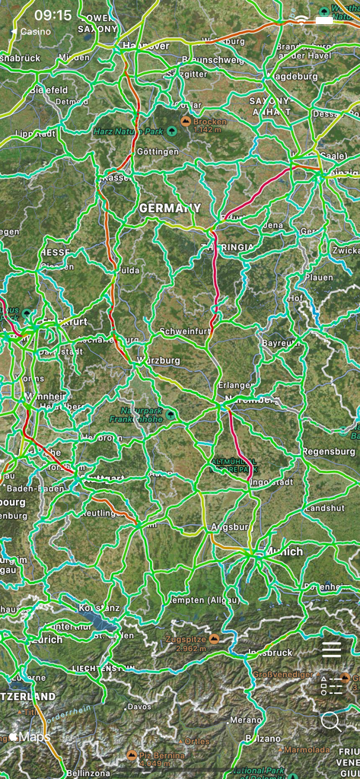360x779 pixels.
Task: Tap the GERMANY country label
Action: pyautogui.click(x=170, y=208)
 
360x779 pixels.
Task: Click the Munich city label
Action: pyautogui.click(x=283, y=552)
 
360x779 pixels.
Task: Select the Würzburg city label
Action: pyautogui.click(x=158, y=359)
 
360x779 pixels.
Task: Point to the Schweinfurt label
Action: pyautogui.click(x=185, y=332)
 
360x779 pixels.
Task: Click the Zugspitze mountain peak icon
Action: pyautogui.click(x=215, y=640)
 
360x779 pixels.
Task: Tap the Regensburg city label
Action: pyautogui.click(x=329, y=451)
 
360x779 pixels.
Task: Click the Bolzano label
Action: pyautogui.click(x=263, y=739)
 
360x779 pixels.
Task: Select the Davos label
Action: pyautogui.click(x=139, y=707)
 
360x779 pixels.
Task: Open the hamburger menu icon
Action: pyautogui.click(x=332, y=649)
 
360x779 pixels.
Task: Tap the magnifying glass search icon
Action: pyautogui.click(x=330, y=720)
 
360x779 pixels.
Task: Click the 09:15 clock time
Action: pyautogui.click(x=53, y=15)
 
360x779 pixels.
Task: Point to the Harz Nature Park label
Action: pyautogui.click(x=128, y=131)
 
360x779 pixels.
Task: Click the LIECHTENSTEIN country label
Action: pyautogui.click(x=104, y=668)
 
